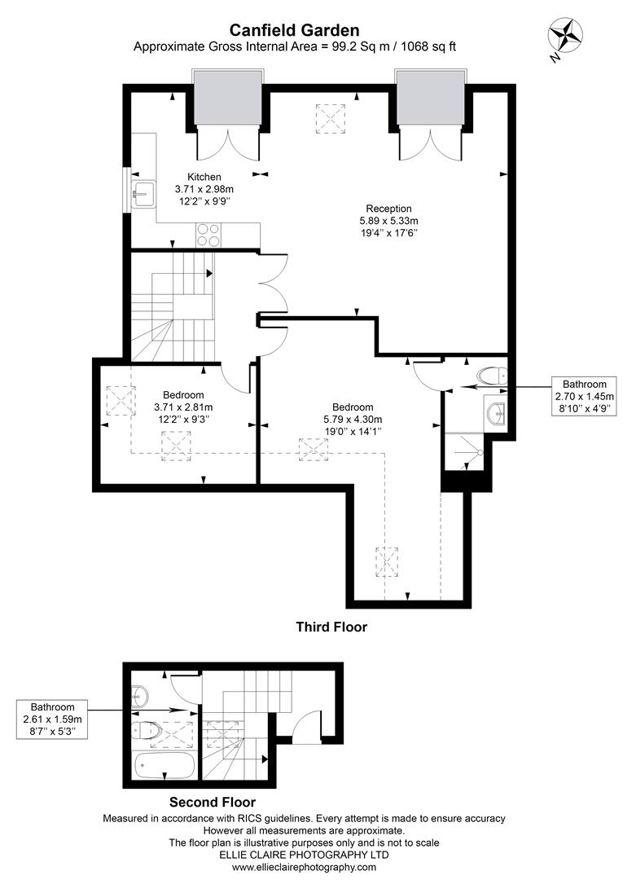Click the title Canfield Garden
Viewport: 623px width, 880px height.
pos(294,29)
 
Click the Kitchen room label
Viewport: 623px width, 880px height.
pos(204,177)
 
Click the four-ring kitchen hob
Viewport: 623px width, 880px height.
pos(208,235)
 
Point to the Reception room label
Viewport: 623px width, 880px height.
pos(388,208)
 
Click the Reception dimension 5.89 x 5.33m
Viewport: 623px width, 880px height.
pos(388,220)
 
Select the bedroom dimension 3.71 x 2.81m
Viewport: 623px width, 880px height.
pos(182,407)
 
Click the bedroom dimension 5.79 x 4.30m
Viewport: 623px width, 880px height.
pos(353,420)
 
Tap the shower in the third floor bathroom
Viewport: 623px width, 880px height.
pos(464,451)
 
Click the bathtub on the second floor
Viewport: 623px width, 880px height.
pos(164,767)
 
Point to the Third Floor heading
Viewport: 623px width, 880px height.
pos(331,627)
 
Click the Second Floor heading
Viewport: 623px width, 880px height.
pos(212,802)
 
